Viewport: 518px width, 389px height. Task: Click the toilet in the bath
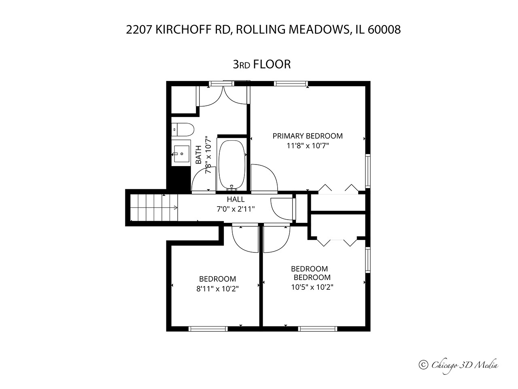183,129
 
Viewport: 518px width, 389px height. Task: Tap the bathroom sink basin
181,154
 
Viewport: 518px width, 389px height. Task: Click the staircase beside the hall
154,207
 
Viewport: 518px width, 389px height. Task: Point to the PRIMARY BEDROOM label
308,136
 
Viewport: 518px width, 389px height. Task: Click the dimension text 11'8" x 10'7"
308,146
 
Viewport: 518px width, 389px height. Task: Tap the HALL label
236,199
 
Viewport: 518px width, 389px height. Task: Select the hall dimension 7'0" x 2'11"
236,209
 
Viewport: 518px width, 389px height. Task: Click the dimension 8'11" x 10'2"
218,289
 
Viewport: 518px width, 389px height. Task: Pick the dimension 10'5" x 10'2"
312,287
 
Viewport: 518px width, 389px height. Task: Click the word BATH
199,155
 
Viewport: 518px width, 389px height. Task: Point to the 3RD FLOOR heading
262,64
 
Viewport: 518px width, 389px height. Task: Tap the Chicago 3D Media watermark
459,372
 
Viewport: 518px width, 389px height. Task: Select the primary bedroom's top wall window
291,83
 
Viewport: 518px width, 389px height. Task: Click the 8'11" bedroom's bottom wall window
208,329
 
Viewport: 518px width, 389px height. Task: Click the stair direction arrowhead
176,207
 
